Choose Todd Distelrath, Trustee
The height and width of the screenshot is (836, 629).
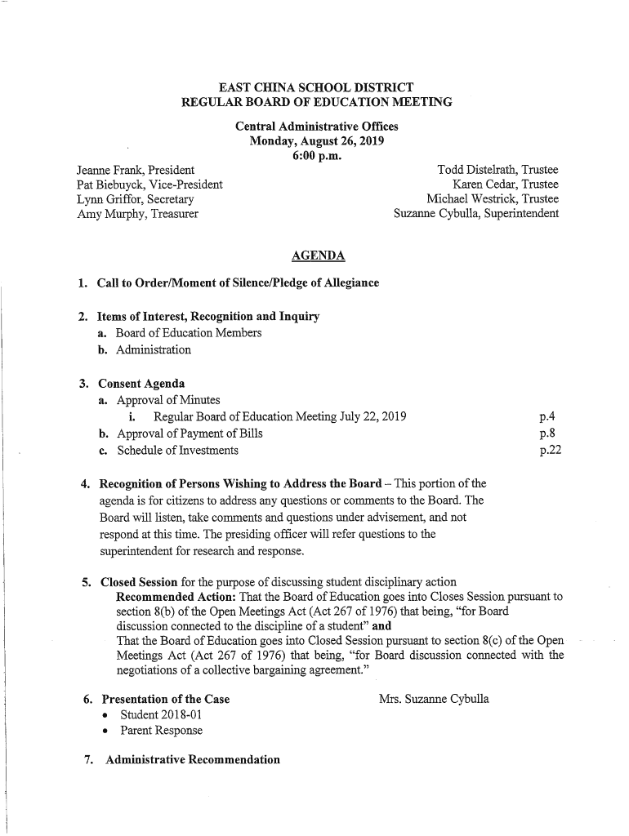pyautogui.click(x=498, y=170)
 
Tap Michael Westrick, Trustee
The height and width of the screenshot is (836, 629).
pyautogui.click(x=493, y=199)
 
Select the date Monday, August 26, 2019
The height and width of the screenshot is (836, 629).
pyautogui.click(x=317, y=141)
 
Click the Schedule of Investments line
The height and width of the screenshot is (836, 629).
pyautogui.click(x=177, y=450)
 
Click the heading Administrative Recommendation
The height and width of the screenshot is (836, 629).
pyautogui.click(x=188, y=760)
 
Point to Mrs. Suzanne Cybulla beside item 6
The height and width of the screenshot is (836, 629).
pyautogui.click(x=434, y=699)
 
